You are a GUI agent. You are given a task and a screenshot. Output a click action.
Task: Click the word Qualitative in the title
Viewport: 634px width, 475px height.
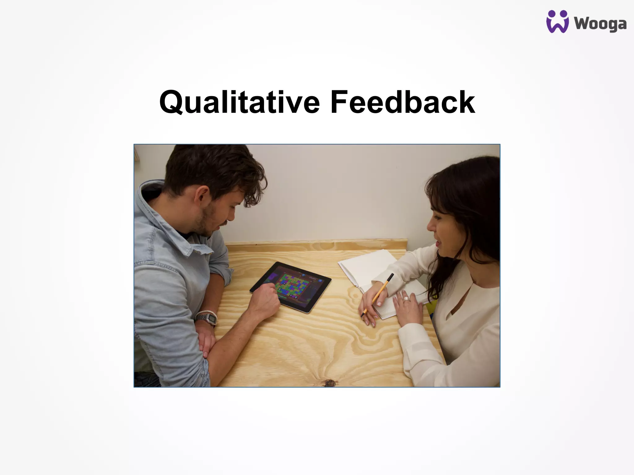[x=239, y=102]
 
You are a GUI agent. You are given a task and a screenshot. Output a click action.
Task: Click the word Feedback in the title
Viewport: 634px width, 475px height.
[x=402, y=102]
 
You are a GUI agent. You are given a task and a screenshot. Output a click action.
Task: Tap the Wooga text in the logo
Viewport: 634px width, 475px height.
[x=600, y=24]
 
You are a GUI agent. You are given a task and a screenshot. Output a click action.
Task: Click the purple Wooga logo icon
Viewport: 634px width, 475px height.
[x=557, y=22]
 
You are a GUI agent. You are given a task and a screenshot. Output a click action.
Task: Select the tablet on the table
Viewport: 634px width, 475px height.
[x=291, y=286]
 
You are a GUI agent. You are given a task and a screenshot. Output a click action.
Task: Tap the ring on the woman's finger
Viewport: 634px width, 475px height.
[x=406, y=298]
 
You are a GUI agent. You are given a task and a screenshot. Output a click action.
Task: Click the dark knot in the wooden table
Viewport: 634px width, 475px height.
[x=329, y=383]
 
